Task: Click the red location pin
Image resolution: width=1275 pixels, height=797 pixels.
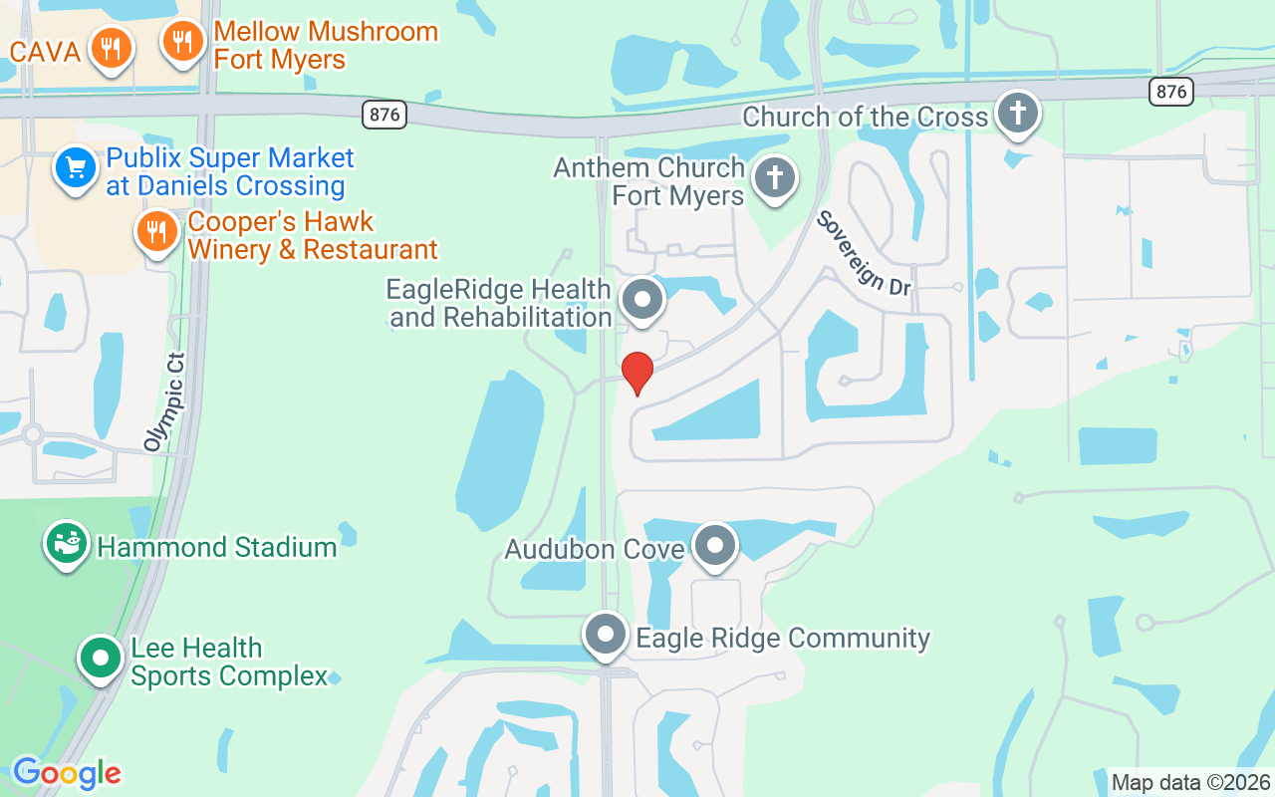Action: point(637,372)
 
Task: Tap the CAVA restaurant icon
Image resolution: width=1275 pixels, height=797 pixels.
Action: point(110,48)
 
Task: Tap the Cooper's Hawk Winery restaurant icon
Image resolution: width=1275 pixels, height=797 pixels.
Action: point(156,232)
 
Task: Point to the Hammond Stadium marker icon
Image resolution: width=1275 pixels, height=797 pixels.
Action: point(67,544)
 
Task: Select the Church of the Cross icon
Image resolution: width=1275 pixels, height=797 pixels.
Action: point(1017,113)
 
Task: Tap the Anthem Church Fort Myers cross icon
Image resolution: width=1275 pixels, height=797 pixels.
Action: point(774,179)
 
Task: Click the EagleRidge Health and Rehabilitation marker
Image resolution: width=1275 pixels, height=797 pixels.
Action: point(642,299)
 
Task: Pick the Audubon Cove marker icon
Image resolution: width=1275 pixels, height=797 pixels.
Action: point(714,546)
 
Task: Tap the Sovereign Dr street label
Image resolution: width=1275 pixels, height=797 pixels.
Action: point(864,253)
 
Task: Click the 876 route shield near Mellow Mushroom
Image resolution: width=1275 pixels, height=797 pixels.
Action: point(383,115)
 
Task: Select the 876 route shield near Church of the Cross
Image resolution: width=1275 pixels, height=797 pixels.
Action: point(1170,92)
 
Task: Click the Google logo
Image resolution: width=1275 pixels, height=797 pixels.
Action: point(67,773)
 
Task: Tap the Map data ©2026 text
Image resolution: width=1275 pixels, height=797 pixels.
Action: point(1191,782)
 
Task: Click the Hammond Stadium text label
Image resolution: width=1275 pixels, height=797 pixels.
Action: point(217,547)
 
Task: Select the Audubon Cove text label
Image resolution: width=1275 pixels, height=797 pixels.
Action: point(595,549)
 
